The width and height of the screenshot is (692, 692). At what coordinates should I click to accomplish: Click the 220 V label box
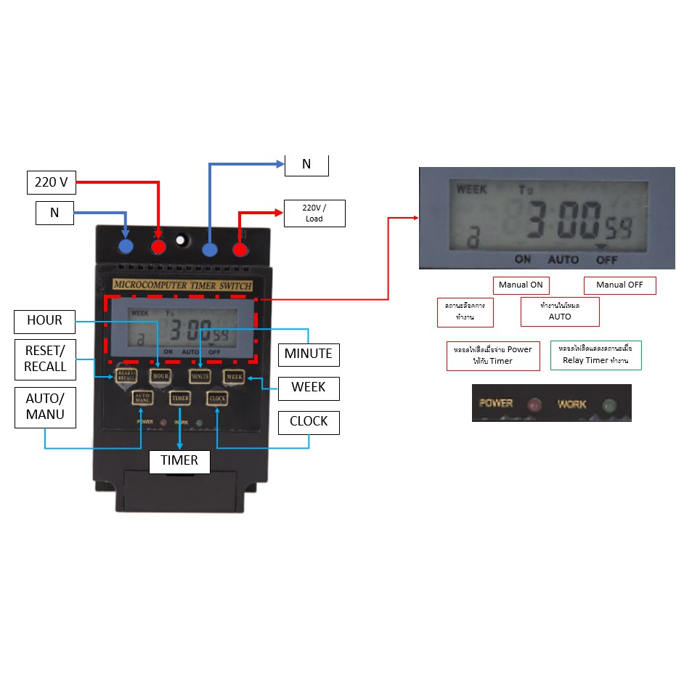tap(51, 182)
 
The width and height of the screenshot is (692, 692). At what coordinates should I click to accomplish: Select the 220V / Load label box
tap(314, 213)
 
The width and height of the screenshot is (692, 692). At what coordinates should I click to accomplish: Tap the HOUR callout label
tap(44, 320)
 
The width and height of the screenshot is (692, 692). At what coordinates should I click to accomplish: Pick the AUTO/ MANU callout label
tap(45, 407)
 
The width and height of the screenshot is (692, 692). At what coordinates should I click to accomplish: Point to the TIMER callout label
tap(179, 460)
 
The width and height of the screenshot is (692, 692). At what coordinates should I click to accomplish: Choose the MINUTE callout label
tap(308, 354)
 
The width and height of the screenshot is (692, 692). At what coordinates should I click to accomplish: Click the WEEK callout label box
tap(308, 387)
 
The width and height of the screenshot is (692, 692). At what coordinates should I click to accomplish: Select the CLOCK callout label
tap(309, 421)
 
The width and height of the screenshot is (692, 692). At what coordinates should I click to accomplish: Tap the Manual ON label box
tap(520, 285)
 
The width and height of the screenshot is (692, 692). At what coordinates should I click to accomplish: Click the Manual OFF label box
tap(619, 285)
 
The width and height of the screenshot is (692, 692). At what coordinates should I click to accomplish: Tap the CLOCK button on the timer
tap(217, 398)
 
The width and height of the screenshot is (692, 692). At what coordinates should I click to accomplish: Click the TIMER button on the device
tap(180, 398)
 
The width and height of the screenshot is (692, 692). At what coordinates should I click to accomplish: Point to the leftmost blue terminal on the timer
tap(126, 247)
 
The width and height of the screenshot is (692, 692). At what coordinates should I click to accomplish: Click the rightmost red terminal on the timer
tap(240, 250)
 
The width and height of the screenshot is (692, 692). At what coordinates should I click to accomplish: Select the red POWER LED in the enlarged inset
tap(535, 404)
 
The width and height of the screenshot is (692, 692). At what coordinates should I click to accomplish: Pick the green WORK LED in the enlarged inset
tap(608, 404)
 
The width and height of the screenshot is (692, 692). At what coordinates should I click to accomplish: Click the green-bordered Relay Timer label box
tap(595, 355)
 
